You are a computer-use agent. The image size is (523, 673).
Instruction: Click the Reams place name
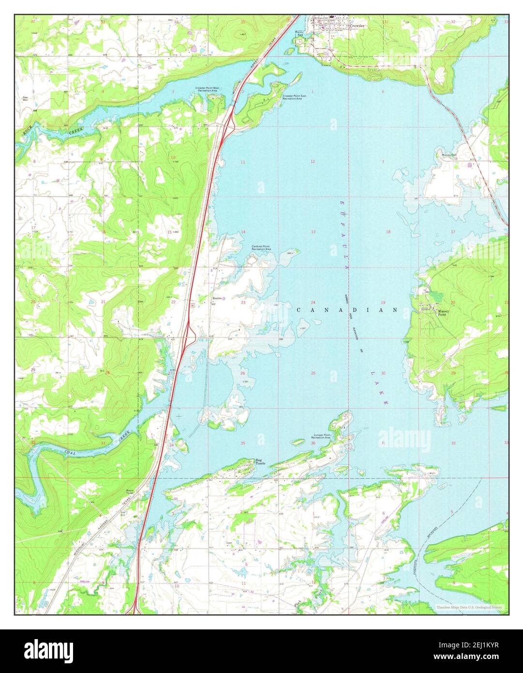(217, 298)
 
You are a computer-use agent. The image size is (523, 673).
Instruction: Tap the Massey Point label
(444, 312)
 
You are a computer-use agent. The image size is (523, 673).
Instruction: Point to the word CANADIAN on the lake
(347, 310)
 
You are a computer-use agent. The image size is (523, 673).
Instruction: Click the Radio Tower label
(130, 492)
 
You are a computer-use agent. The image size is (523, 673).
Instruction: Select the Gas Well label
(25, 98)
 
